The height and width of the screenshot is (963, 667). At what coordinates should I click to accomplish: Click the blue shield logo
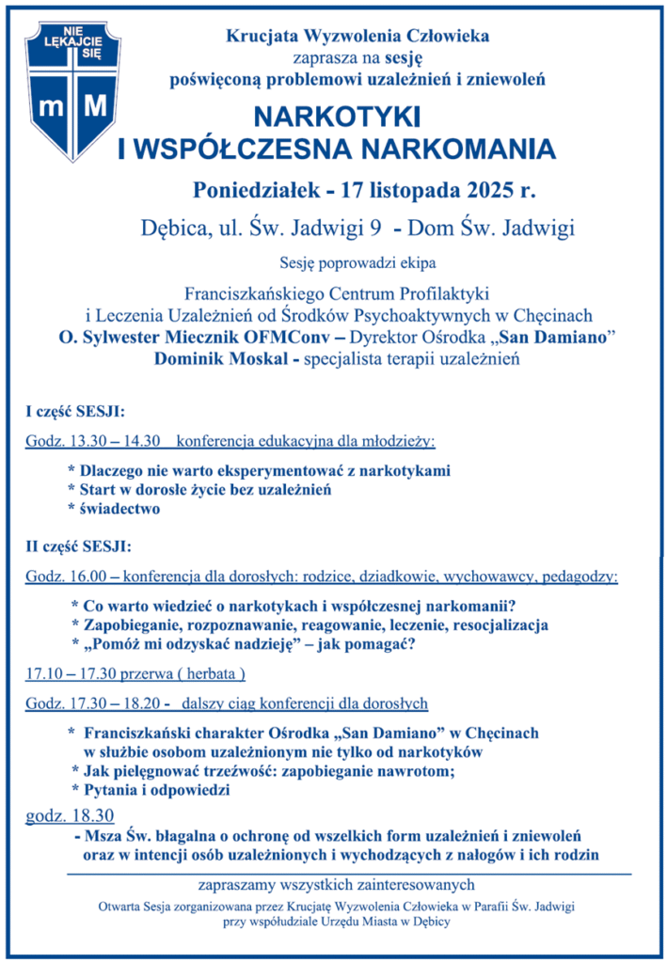pyautogui.click(x=72, y=86)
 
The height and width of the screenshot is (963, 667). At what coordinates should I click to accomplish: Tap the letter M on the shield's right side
pyautogui.click(x=95, y=106)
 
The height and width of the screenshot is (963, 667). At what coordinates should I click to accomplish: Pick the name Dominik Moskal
pyautogui.click(x=213, y=359)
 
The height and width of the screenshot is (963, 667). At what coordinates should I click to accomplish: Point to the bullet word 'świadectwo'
pyautogui.click(x=120, y=509)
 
